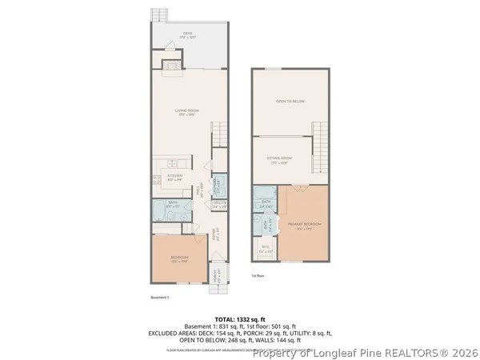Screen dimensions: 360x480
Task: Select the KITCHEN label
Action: coord(175,176)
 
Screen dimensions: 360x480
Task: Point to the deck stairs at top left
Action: coord(160,16)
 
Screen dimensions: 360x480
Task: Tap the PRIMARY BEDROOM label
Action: coord(302,226)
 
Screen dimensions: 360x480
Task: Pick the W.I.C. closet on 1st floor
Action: coord(265,250)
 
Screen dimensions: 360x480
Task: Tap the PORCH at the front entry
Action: coord(215,276)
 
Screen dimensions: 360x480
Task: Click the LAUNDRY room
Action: coord(218,182)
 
